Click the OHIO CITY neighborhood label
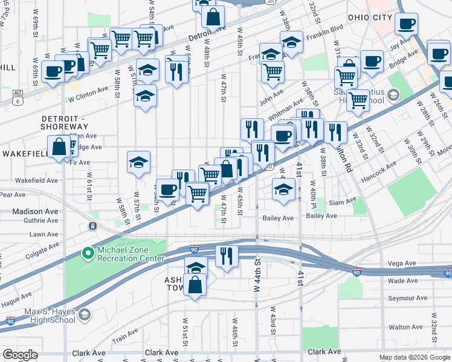[370, 17]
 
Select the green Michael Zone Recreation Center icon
[88, 253]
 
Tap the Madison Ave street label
[35, 211]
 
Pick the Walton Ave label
[405, 327]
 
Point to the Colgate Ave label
[43, 251]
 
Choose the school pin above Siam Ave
[283, 189]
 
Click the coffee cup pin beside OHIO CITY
[406, 24]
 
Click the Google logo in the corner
[19, 355]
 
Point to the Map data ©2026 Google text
[414, 357]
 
